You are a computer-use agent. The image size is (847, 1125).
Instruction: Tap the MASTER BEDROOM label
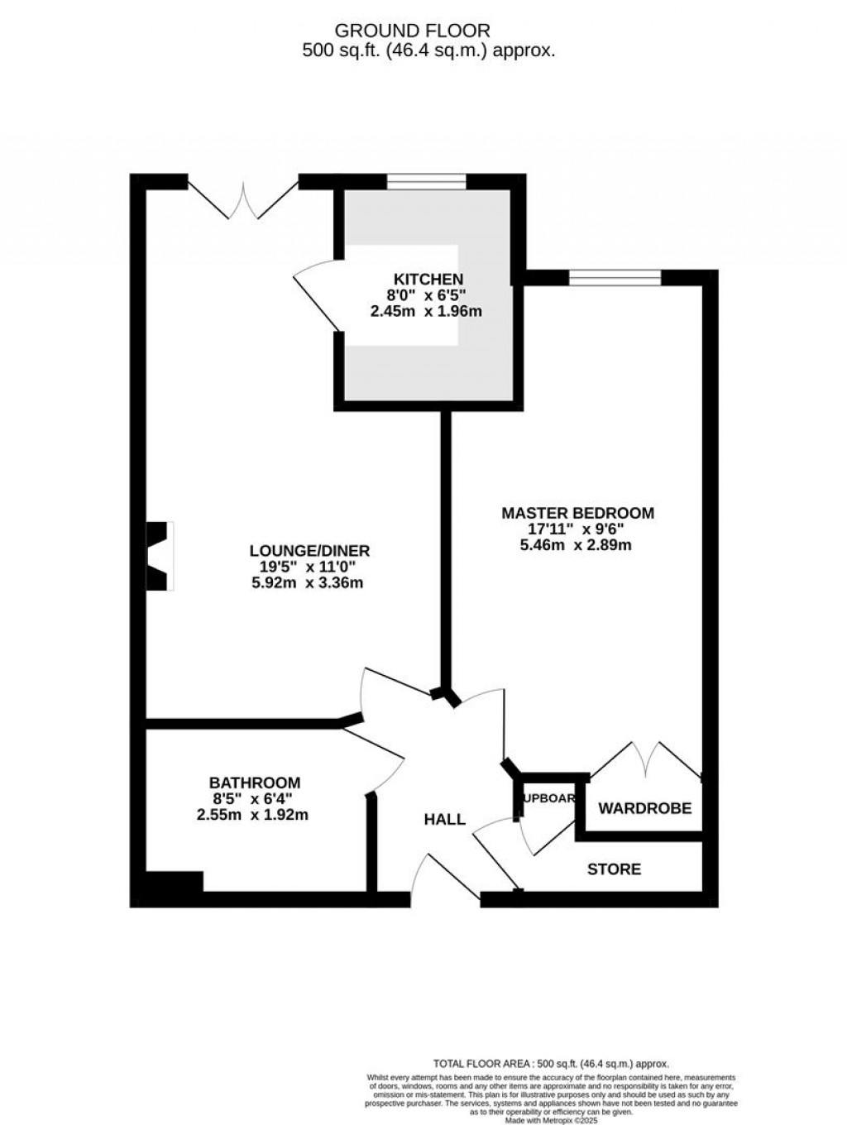click(577, 513)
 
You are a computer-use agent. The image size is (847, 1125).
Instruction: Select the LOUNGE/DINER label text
click(309, 551)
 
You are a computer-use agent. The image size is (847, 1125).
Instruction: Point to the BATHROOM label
click(254, 783)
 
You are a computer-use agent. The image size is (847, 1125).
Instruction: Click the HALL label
click(444, 820)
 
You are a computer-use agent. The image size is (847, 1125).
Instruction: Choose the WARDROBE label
click(644, 808)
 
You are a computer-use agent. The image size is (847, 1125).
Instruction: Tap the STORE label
click(614, 869)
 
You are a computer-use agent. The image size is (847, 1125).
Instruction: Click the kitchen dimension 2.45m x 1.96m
click(426, 312)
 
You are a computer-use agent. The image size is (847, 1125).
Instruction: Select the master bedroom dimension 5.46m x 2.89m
click(576, 545)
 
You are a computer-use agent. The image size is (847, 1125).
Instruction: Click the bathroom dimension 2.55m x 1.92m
click(252, 815)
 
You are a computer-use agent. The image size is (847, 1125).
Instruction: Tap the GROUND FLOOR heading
click(412, 31)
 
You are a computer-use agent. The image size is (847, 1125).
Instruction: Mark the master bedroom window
click(615, 278)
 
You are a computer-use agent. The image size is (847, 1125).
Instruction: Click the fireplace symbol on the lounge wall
click(160, 556)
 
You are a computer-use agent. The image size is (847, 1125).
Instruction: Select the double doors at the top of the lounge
click(243, 199)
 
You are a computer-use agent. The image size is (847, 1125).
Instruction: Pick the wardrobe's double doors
click(647, 759)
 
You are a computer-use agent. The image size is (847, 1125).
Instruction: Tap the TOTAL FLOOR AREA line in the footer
click(551, 1065)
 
